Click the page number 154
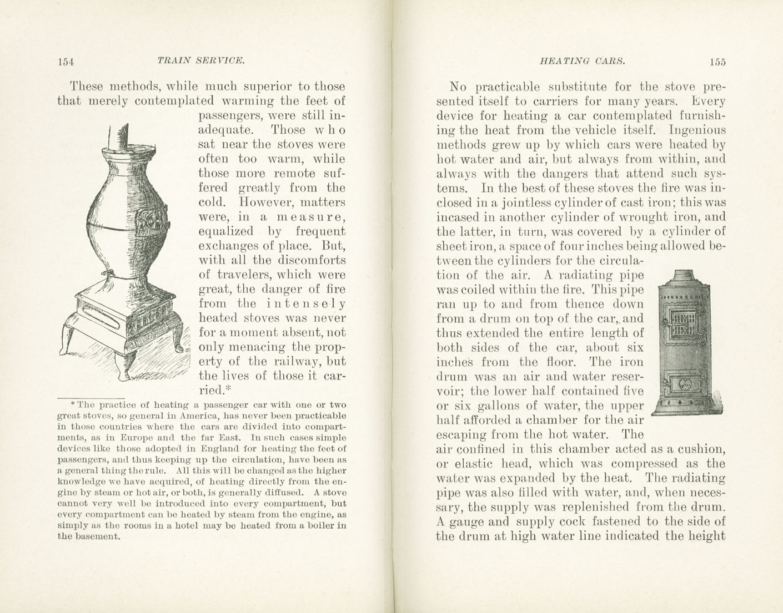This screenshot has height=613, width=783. pyautogui.click(x=66, y=62)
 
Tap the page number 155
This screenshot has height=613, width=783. pyautogui.click(x=717, y=62)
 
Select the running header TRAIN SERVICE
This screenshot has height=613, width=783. pyautogui.click(x=201, y=60)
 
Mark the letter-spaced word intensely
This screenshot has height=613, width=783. pyautogui.click(x=306, y=303)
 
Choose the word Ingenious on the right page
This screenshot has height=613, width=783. pyautogui.click(x=697, y=130)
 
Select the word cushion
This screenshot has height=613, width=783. pyautogui.click(x=702, y=449)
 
